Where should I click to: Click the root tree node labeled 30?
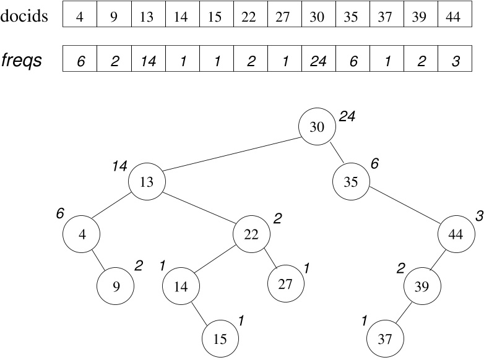[x=317, y=127]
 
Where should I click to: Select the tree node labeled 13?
[x=147, y=181]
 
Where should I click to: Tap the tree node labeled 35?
[x=351, y=182]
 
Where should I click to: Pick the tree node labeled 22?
[x=251, y=234]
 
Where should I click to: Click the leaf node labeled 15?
[x=220, y=339]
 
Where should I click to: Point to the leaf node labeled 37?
[x=385, y=339]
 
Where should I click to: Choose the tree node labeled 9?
[x=115, y=286]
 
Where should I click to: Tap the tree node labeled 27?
[x=286, y=284]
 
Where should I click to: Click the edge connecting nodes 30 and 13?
[x=232, y=154]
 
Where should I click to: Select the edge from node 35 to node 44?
[x=404, y=208]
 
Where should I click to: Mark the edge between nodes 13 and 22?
[x=199, y=207]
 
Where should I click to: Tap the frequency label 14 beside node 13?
[x=119, y=165]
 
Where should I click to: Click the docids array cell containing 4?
[x=80, y=17]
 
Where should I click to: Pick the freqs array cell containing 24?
[x=317, y=61]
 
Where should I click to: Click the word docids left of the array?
[x=25, y=15]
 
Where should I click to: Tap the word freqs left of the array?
[x=22, y=61]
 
